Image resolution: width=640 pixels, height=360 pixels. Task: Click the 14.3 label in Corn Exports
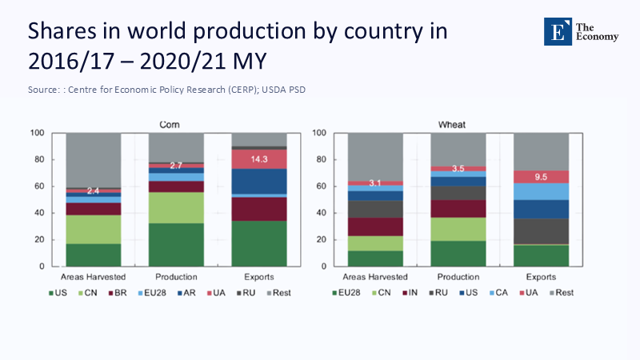(258, 158)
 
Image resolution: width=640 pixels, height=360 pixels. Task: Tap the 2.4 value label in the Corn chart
(94, 190)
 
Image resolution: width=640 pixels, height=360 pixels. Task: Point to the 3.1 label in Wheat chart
(375, 183)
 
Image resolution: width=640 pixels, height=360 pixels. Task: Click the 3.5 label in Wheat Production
(458, 169)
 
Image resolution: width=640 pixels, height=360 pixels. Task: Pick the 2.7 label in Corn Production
(176, 165)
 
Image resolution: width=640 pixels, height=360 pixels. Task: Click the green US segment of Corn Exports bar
(258, 243)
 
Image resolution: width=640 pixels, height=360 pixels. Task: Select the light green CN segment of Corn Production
(176, 207)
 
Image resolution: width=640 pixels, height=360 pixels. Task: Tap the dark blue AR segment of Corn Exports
(258, 181)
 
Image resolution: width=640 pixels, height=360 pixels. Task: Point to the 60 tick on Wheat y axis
(320, 186)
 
